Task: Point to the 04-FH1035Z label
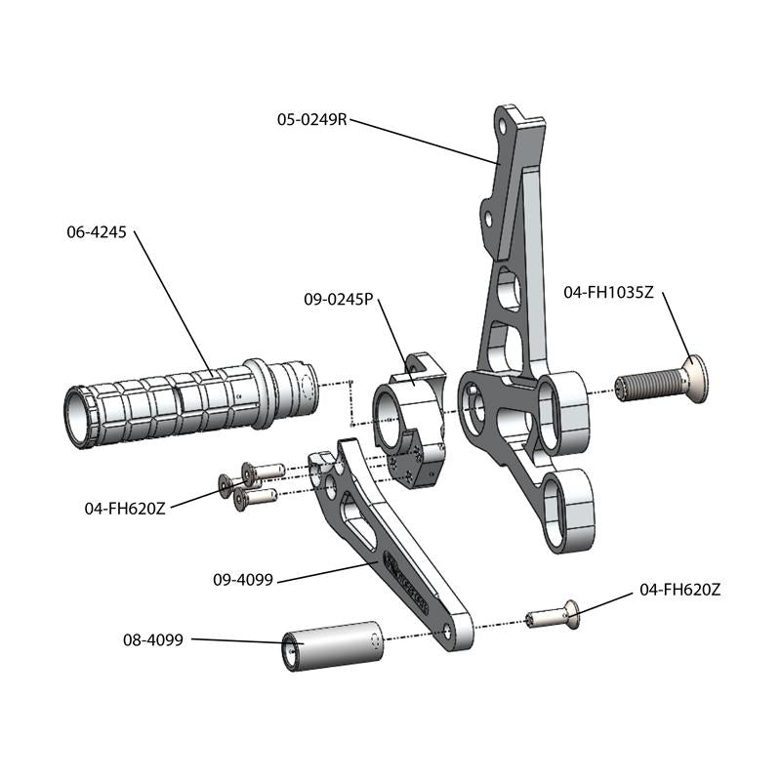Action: point(608,291)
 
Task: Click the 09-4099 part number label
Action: point(243,579)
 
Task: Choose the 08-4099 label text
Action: point(153,640)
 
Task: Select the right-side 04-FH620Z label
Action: point(679,590)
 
